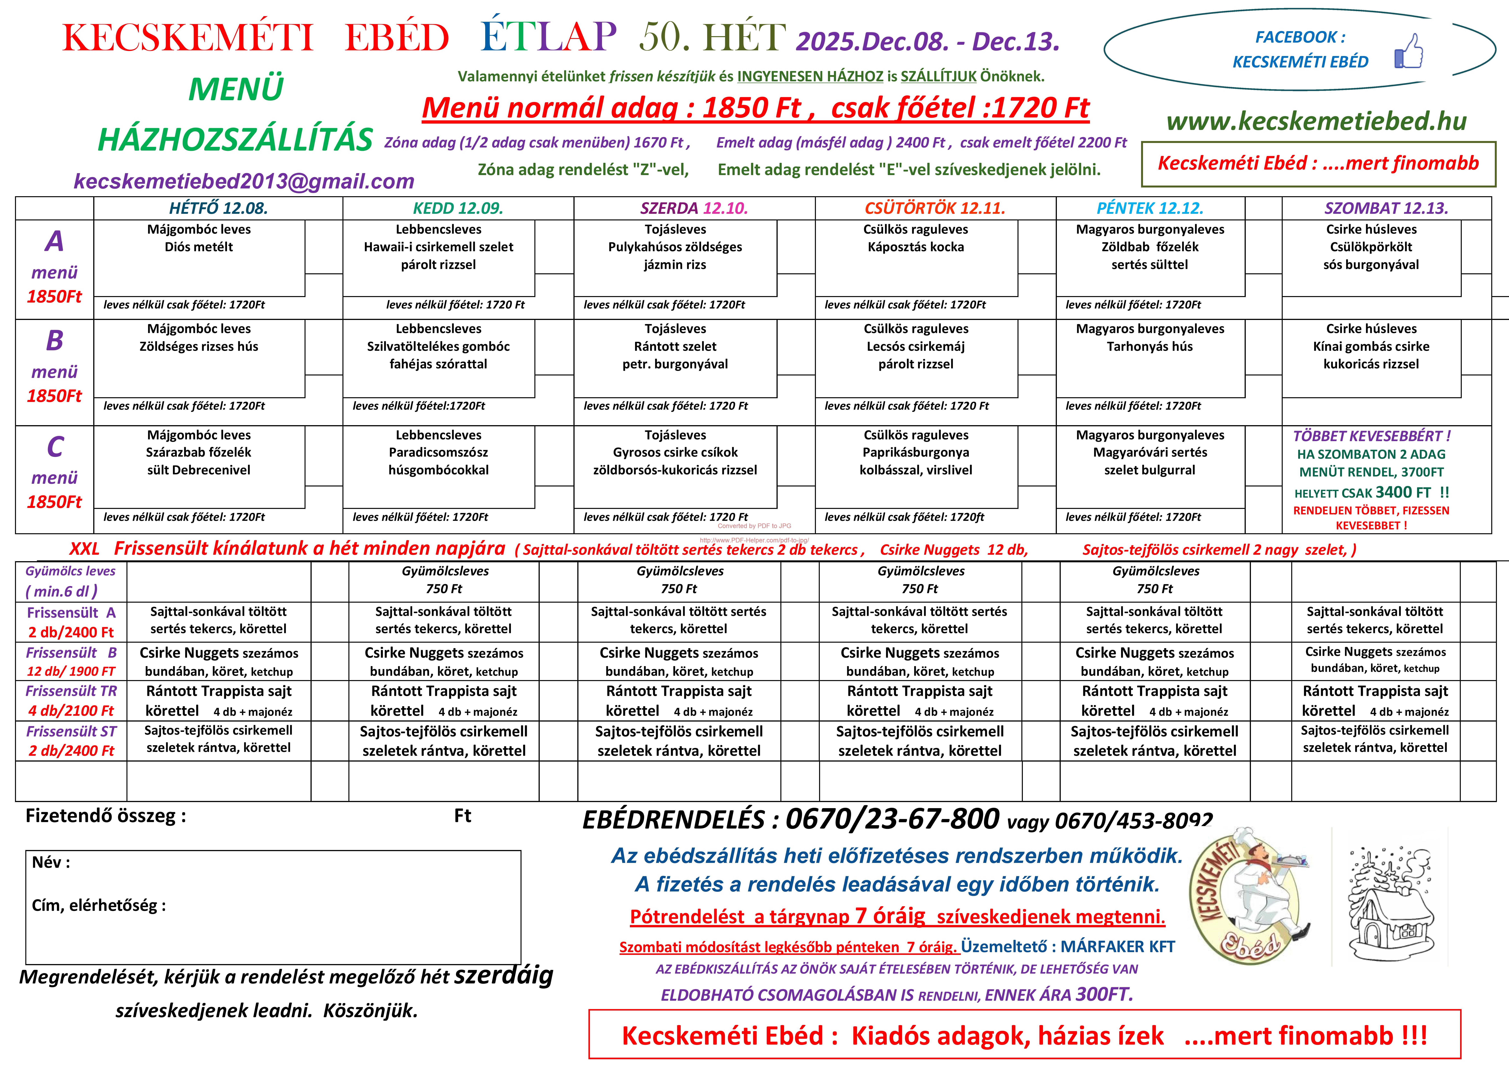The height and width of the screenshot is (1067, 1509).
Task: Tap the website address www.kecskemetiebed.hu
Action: click(x=1316, y=121)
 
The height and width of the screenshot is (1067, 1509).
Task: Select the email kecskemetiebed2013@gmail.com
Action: click(x=244, y=181)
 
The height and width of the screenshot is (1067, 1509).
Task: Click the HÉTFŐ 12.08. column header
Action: click(x=218, y=208)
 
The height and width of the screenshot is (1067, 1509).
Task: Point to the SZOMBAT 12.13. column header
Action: click(x=1386, y=208)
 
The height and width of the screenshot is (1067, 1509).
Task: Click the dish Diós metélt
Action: click(x=198, y=247)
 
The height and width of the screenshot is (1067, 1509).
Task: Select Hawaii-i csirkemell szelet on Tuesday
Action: click(x=438, y=247)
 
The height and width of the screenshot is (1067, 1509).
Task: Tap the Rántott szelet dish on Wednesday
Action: click(x=675, y=346)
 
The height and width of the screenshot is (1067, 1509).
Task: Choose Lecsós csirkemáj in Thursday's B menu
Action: click(x=916, y=346)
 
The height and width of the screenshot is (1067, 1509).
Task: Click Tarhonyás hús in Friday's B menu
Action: click(x=1149, y=346)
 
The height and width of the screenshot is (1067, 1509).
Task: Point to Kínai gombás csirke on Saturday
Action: click(x=1371, y=346)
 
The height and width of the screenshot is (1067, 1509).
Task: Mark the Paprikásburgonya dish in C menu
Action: click(x=916, y=452)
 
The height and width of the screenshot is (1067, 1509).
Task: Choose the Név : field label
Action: click(x=51, y=863)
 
